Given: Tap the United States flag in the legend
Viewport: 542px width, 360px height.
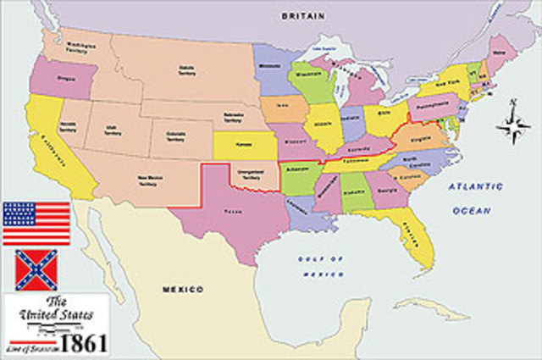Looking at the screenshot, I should (x=36, y=223).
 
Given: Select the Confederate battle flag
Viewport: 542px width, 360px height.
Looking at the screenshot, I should (x=36, y=270).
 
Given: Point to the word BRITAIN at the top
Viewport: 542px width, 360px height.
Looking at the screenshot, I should (x=305, y=16).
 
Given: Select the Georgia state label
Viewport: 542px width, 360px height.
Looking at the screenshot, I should (x=391, y=192).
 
